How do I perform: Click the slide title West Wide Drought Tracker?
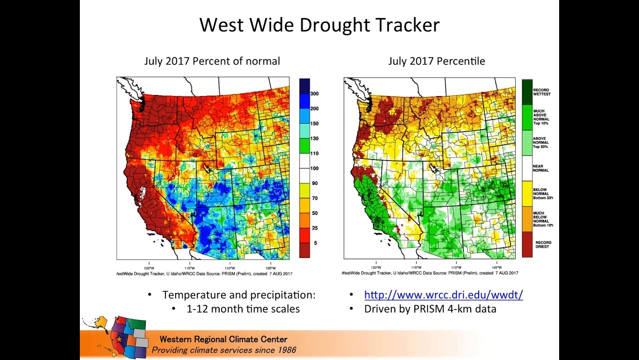319,25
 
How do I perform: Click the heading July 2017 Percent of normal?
212,61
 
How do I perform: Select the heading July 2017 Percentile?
436,61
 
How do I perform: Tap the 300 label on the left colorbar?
314,93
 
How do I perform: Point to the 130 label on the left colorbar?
314,138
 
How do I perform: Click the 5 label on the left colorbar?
315,243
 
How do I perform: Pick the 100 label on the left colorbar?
314,168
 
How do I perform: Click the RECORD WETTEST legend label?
541,92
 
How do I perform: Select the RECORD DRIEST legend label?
543,244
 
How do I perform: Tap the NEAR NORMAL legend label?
541,168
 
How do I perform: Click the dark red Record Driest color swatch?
527,244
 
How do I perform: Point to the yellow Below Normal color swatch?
527,194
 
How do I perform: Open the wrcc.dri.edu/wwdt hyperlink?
443,295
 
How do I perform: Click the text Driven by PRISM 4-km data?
430,309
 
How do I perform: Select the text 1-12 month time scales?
243,309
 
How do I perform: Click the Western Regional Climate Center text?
223,339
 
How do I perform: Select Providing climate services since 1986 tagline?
224,350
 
